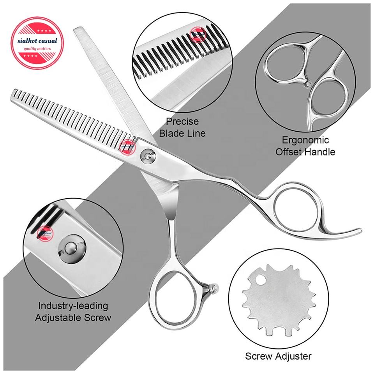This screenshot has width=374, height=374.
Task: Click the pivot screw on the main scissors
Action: [x=147, y=156]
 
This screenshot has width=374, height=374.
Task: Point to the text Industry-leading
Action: [x=73, y=306]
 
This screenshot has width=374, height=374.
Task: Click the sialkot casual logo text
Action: [x=36, y=41]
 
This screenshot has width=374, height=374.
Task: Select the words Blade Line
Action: [x=182, y=133]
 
